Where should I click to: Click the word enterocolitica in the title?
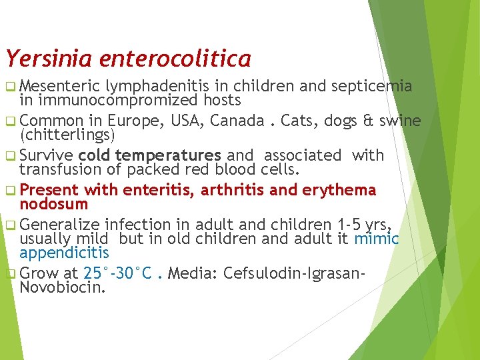click(175, 59)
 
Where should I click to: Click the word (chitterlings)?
click(68, 135)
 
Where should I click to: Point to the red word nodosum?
click(54, 204)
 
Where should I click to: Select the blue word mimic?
click(377, 239)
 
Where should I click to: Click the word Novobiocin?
click(63, 287)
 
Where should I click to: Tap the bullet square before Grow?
click(10, 274)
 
